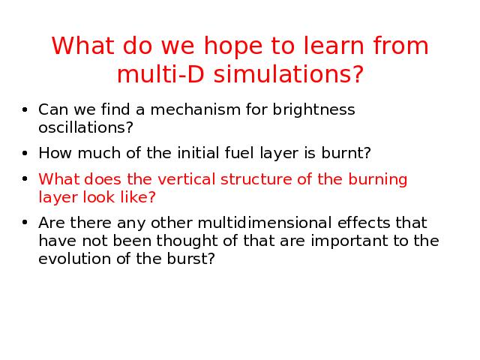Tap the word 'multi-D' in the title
point(160,73)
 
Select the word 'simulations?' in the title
point(288,73)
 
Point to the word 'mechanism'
point(195,109)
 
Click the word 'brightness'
point(313,111)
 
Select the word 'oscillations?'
point(85,127)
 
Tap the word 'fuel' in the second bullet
point(239,152)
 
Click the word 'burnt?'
point(346,152)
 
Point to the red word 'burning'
point(378,181)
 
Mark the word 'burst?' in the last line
point(191,259)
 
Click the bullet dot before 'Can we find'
point(25,109)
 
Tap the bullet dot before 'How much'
point(25,153)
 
